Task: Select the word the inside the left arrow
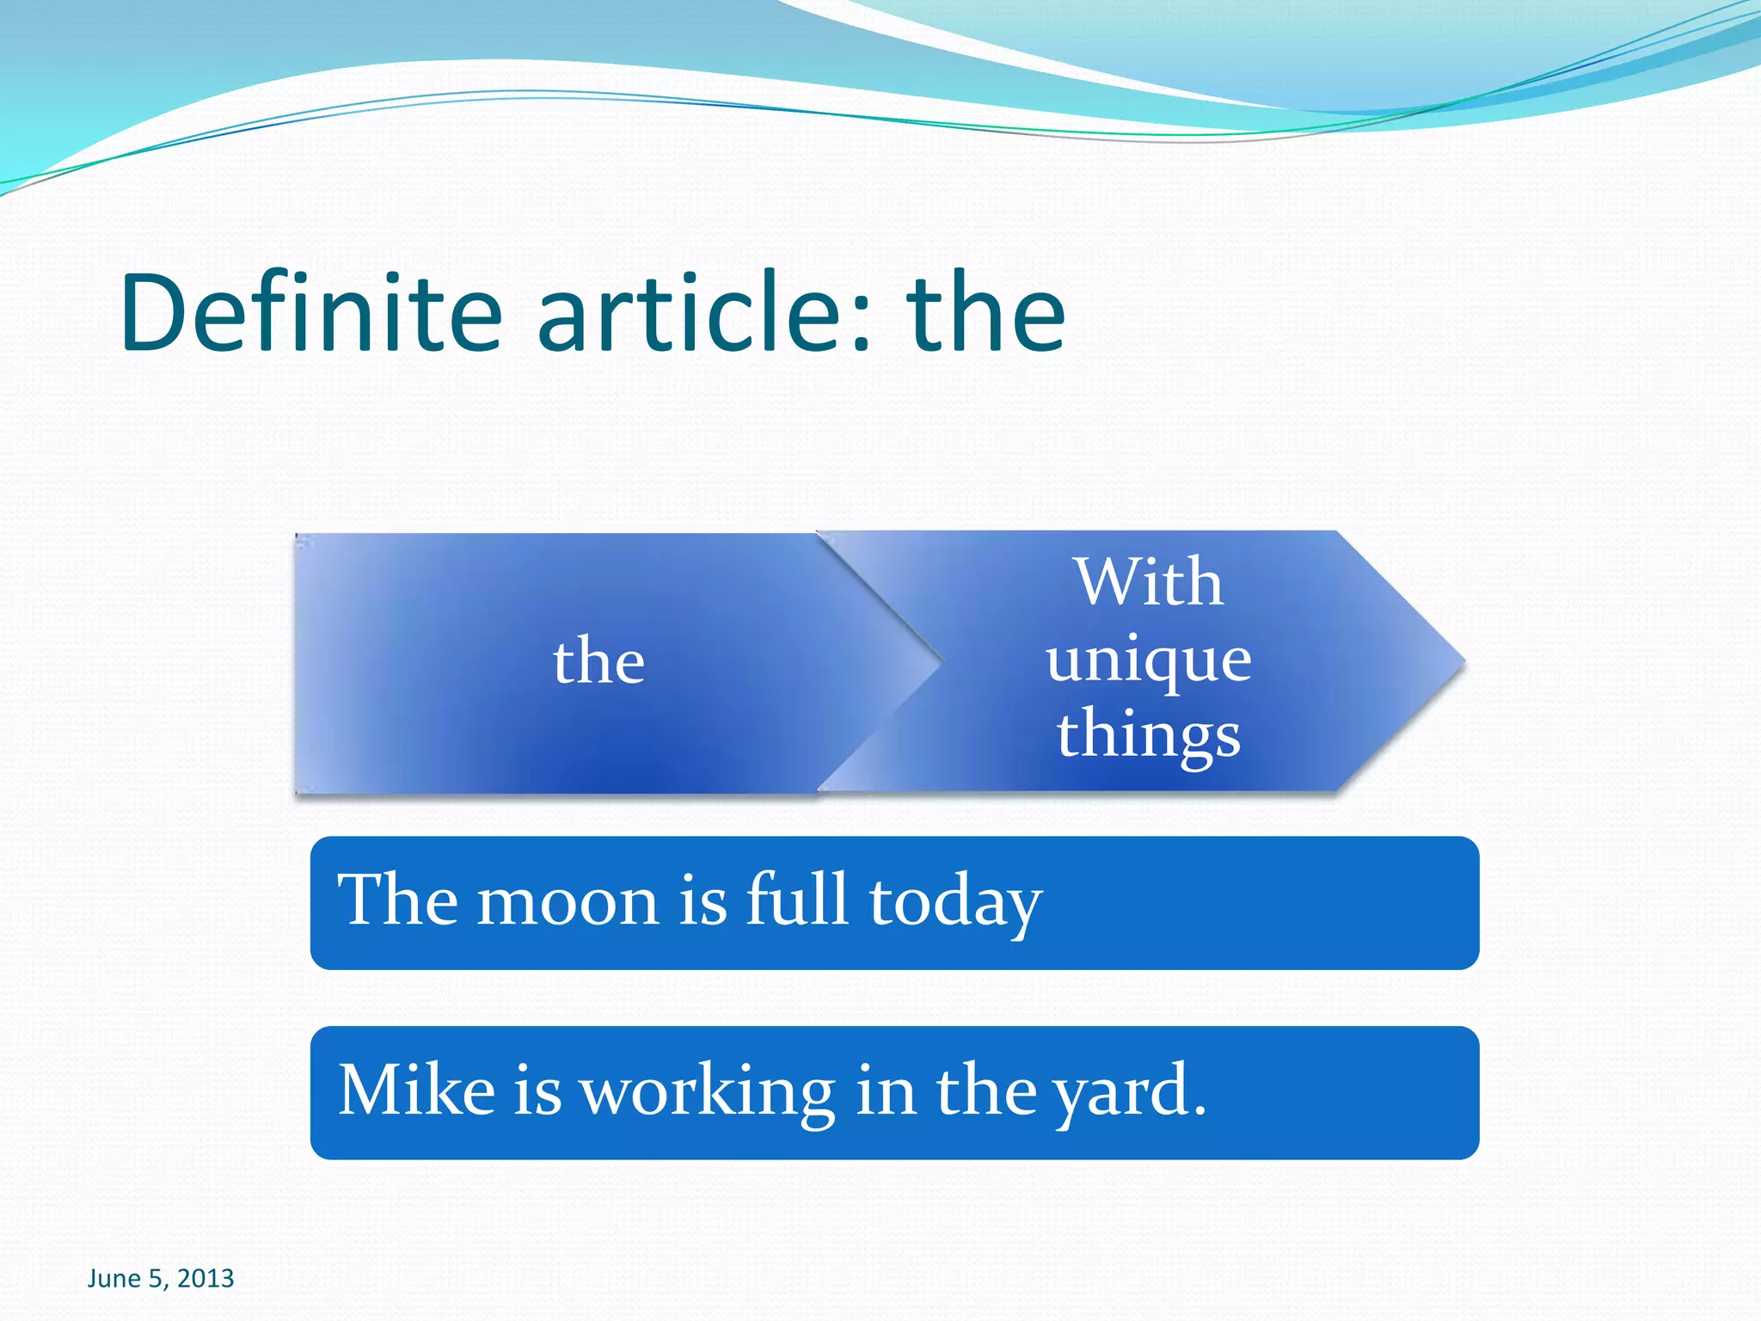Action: pos(598,661)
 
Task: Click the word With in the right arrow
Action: pos(1149,582)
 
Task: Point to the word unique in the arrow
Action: pos(1149,661)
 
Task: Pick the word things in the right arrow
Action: pos(1149,735)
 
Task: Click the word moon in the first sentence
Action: pos(568,901)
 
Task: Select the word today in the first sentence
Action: pos(955,903)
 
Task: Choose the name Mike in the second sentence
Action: pos(417,1090)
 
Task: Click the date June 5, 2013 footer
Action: pos(161,1279)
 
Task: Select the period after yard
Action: pos(1200,1112)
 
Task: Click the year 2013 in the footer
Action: pos(206,1279)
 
